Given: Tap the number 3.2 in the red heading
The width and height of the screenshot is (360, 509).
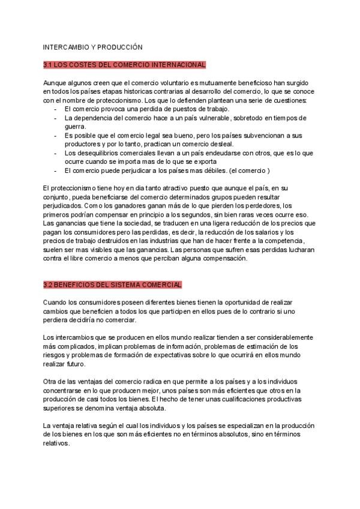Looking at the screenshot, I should [x=49, y=284].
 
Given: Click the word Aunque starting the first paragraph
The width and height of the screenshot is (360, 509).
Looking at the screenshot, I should [x=55, y=82].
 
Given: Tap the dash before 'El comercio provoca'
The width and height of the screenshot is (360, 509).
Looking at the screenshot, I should [x=56, y=109].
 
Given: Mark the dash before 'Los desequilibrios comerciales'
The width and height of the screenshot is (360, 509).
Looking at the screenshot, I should [x=56, y=153].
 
